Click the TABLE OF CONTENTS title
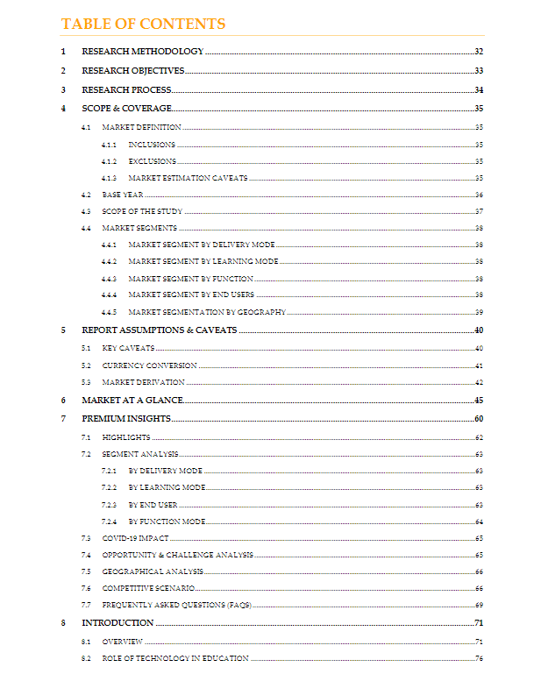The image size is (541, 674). click(143, 24)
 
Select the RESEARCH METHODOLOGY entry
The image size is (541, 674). click(142, 52)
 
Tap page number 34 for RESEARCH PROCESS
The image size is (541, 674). click(480, 90)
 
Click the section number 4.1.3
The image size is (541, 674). click(109, 178)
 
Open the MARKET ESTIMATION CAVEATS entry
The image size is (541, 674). click(188, 178)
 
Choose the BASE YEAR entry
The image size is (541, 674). click(122, 195)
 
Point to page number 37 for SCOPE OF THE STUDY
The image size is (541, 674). click(480, 211)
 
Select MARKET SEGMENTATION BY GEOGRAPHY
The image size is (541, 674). click(206, 312)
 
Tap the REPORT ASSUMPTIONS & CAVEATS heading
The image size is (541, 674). click(159, 330)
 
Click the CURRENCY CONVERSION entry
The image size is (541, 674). click(149, 365)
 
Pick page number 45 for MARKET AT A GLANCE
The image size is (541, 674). click(480, 400)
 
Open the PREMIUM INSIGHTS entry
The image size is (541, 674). click(125, 419)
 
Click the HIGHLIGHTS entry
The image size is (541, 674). click(125, 436)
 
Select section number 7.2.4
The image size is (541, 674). click(109, 521)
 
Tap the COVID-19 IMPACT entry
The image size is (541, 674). click(135, 538)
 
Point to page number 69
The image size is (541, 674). click(480, 605)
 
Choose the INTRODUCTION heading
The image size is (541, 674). click(117, 623)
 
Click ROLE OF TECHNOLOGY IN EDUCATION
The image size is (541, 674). click(174, 658)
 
